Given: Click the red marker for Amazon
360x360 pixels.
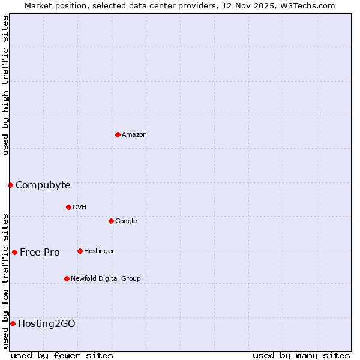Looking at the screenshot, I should tap(118, 134).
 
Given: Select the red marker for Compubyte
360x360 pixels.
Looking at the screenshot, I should tap(10, 185).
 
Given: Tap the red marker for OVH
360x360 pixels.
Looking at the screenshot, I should tap(68, 207).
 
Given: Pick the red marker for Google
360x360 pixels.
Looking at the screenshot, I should tap(111, 221).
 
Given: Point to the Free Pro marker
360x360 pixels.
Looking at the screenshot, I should tap(14, 252).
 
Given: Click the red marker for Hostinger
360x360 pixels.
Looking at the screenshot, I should tap(80, 251).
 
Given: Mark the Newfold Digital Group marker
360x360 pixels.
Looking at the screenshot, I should tap(67, 278).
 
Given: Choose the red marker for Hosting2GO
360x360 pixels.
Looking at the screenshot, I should tap(13, 323).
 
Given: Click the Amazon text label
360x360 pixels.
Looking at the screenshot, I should tap(134, 134).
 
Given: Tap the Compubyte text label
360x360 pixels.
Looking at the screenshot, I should tap(43, 185).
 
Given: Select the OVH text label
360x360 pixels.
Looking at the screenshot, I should tap(80, 207).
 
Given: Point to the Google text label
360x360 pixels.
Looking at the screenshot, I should tap(126, 221).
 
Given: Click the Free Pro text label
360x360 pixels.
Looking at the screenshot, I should tap(40, 252).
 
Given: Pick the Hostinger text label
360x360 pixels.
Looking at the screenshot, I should tap(99, 251).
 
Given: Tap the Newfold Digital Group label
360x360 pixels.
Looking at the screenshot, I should tap(106, 278).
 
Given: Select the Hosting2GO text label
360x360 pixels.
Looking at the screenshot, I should tap(47, 323).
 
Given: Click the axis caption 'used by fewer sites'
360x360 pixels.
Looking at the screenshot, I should tap(62, 355).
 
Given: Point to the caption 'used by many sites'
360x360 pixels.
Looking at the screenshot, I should tap(301, 355).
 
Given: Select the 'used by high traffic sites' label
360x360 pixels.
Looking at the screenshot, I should tap(5, 85).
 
